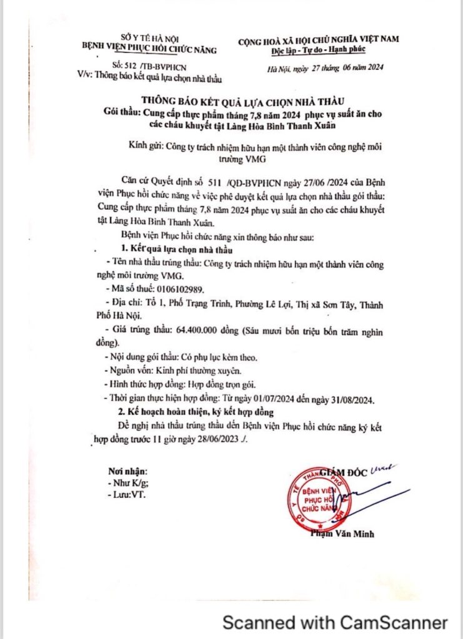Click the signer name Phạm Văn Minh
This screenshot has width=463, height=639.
coord(342,534)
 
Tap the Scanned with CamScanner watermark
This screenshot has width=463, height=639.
coord(336,622)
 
